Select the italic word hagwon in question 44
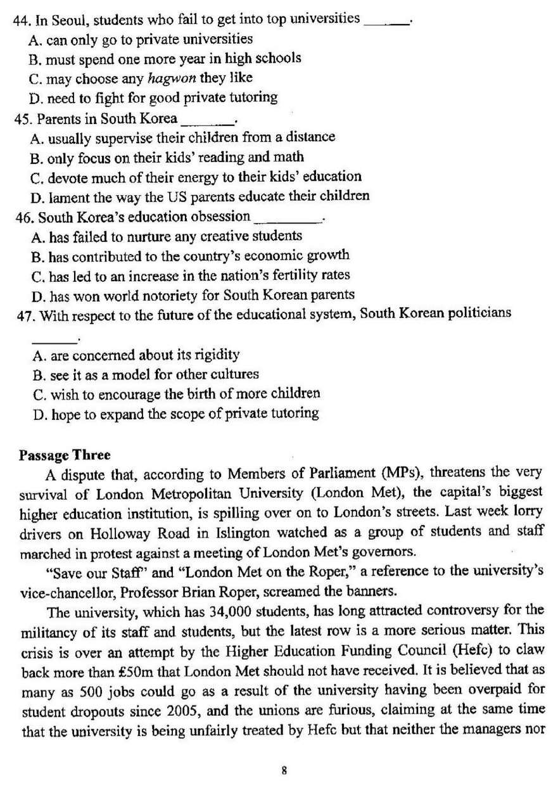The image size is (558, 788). pyautogui.click(x=172, y=78)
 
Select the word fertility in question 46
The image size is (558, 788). pyautogui.click(x=298, y=276)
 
